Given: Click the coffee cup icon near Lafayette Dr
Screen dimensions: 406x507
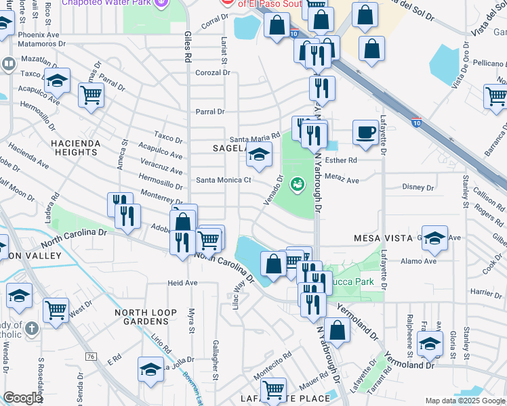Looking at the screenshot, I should [365, 131].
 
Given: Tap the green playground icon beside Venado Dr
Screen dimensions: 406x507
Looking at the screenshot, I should [296, 183].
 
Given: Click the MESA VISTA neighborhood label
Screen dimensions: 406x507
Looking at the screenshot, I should [383, 238].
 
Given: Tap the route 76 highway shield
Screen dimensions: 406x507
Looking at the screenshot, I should [90, 356].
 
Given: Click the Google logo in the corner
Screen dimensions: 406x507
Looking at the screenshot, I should [22, 398].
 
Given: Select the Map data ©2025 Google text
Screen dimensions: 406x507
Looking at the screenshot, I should [464, 401].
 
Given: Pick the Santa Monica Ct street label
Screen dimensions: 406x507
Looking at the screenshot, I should [224, 180].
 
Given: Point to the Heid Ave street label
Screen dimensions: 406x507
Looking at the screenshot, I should [182, 283].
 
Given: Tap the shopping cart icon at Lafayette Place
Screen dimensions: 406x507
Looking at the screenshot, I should [273, 389].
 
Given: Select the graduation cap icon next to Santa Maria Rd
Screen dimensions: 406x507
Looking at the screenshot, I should [258, 156].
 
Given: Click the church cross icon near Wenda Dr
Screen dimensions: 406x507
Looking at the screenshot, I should [30, 329].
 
